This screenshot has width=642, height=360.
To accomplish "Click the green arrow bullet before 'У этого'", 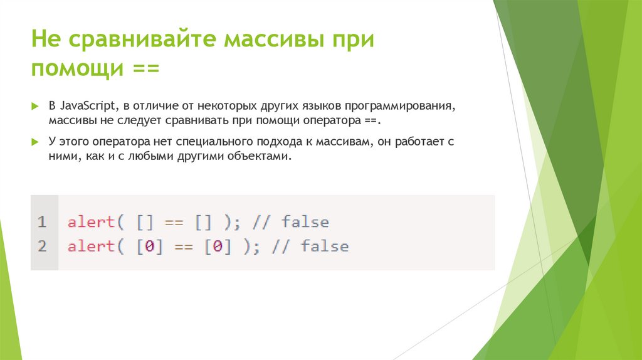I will [x=35, y=142].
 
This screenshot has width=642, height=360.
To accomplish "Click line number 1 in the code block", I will [x=42, y=222].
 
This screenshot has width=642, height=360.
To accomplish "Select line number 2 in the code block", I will [x=42, y=246].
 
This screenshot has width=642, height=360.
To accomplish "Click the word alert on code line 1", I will [x=91, y=222].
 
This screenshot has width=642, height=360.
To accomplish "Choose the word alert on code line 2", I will [x=91, y=246].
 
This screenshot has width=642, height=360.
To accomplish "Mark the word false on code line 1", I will [x=305, y=222].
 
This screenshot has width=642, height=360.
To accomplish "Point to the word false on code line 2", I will [x=325, y=246].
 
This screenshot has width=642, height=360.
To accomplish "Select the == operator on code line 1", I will [x=174, y=222].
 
